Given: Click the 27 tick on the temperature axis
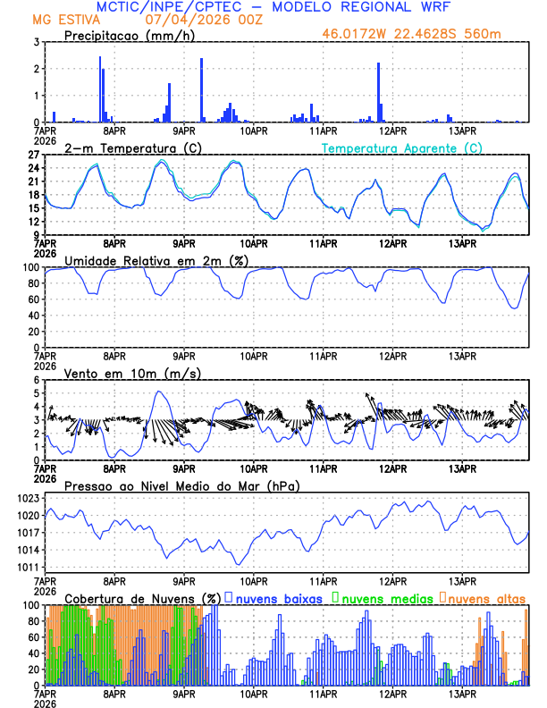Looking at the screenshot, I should [x=35, y=155].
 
